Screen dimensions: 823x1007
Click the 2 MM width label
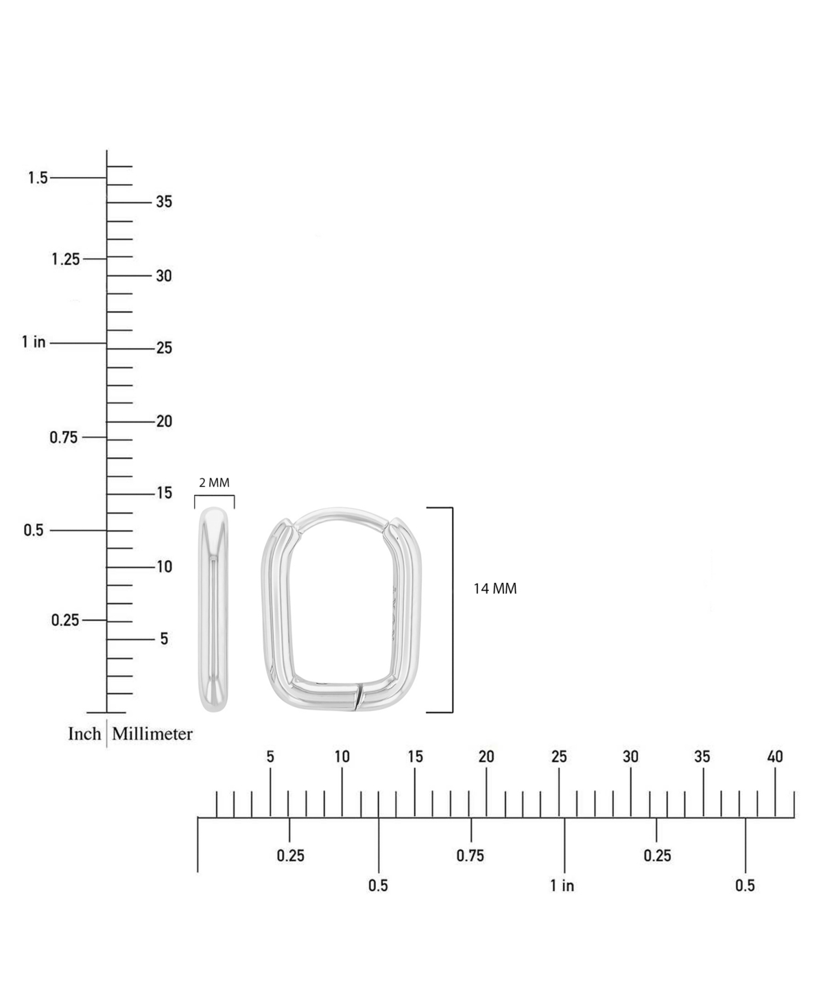(x=214, y=483)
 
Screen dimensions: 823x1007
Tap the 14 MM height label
(x=494, y=589)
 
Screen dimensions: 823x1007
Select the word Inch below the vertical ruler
(x=84, y=734)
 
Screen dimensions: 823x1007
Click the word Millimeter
(x=152, y=734)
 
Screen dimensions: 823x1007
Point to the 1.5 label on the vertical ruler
(x=38, y=178)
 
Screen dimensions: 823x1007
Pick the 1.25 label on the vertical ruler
(x=66, y=259)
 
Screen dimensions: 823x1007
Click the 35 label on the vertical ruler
(x=164, y=202)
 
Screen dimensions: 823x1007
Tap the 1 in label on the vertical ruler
(x=34, y=342)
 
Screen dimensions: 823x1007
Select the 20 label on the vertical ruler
(x=164, y=421)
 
